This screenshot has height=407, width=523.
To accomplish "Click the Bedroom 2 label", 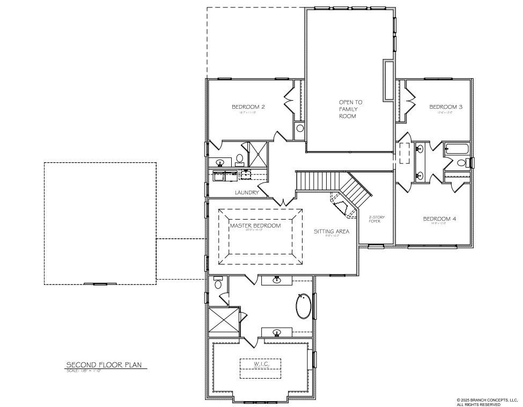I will (x=248, y=107).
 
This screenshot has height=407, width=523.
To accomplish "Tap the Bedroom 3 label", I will (x=446, y=107).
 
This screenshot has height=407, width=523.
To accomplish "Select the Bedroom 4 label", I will (x=439, y=218).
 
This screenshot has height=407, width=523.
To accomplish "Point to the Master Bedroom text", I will (x=255, y=226).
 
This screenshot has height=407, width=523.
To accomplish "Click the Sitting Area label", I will (x=332, y=231).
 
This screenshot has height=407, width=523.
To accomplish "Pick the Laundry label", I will (x=247, y=192).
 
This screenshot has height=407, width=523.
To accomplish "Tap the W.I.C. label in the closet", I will (x=260, y=364).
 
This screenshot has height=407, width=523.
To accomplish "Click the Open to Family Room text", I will (x=350, y=109).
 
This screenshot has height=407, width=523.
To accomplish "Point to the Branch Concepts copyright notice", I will (x=486, y=402).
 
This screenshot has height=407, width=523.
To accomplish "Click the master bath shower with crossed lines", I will (x=224, y=321).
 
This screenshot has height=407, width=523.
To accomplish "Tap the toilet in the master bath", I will (x=217, y=283).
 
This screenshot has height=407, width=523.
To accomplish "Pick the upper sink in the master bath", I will (x=277, y=280).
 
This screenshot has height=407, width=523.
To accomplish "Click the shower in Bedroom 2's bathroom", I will (x=259, y=154).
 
